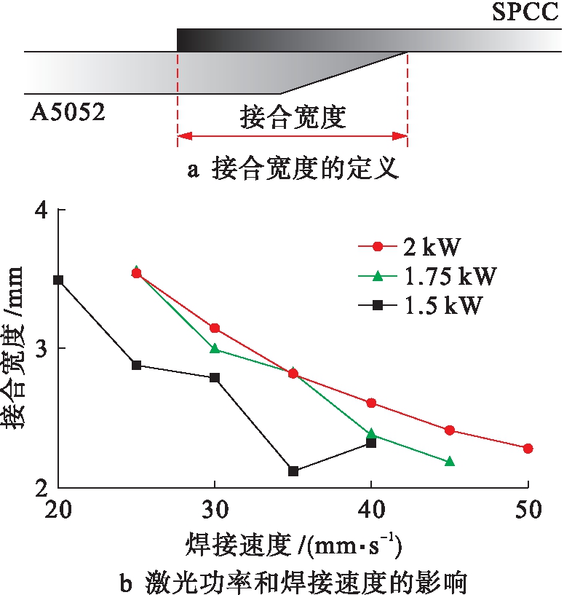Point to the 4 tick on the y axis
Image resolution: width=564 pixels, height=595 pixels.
[x=41, y=210]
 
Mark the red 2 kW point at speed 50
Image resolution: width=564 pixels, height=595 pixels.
[x=528, y=449]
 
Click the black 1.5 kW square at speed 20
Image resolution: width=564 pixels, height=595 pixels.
[x=58, y=280]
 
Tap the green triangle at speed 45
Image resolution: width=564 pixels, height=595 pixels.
[x=450, y=461]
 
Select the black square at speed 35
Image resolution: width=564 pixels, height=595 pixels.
[x=293, y=471]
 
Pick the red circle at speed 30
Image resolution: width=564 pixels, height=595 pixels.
[x=214, y=328]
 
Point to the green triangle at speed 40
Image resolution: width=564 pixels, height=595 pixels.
[x=371, y=434]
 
